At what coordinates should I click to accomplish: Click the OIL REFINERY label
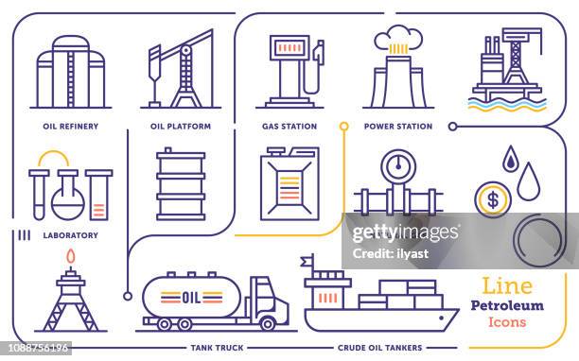coord(71,126)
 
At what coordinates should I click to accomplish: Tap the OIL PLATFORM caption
coord(181,126)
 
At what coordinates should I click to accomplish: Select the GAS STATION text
coord(289,126)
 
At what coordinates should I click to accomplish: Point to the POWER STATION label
coord(398,126)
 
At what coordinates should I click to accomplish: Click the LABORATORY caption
coord(71,235)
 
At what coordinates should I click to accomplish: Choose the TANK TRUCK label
coord(218,348)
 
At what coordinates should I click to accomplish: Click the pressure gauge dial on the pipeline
coord(398,167)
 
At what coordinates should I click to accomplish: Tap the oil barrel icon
coord(181,184)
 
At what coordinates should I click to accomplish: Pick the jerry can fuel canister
coord(289,184)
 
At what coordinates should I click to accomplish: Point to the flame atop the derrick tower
coord(71,257)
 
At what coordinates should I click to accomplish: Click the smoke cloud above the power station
coord(397,38)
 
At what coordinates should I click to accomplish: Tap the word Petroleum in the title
coord(506,305)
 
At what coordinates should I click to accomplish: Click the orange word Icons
coord(506,321)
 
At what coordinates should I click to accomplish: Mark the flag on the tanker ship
coord(306,260)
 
